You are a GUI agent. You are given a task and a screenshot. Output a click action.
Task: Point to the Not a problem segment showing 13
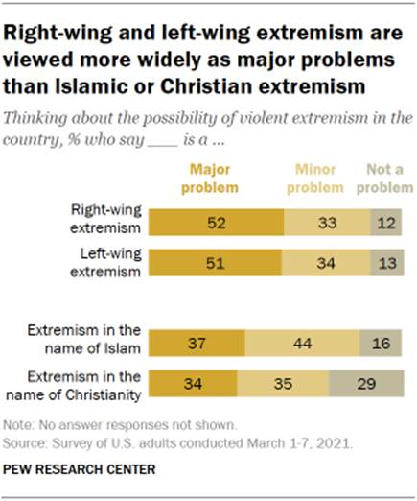pyautogui.click(x=382, y=262)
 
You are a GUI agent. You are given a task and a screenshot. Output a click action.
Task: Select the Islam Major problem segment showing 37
pyautogui.click(x=198, y=343)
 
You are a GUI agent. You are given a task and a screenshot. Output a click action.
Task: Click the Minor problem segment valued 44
pyautogui.click(x=301, y=343)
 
